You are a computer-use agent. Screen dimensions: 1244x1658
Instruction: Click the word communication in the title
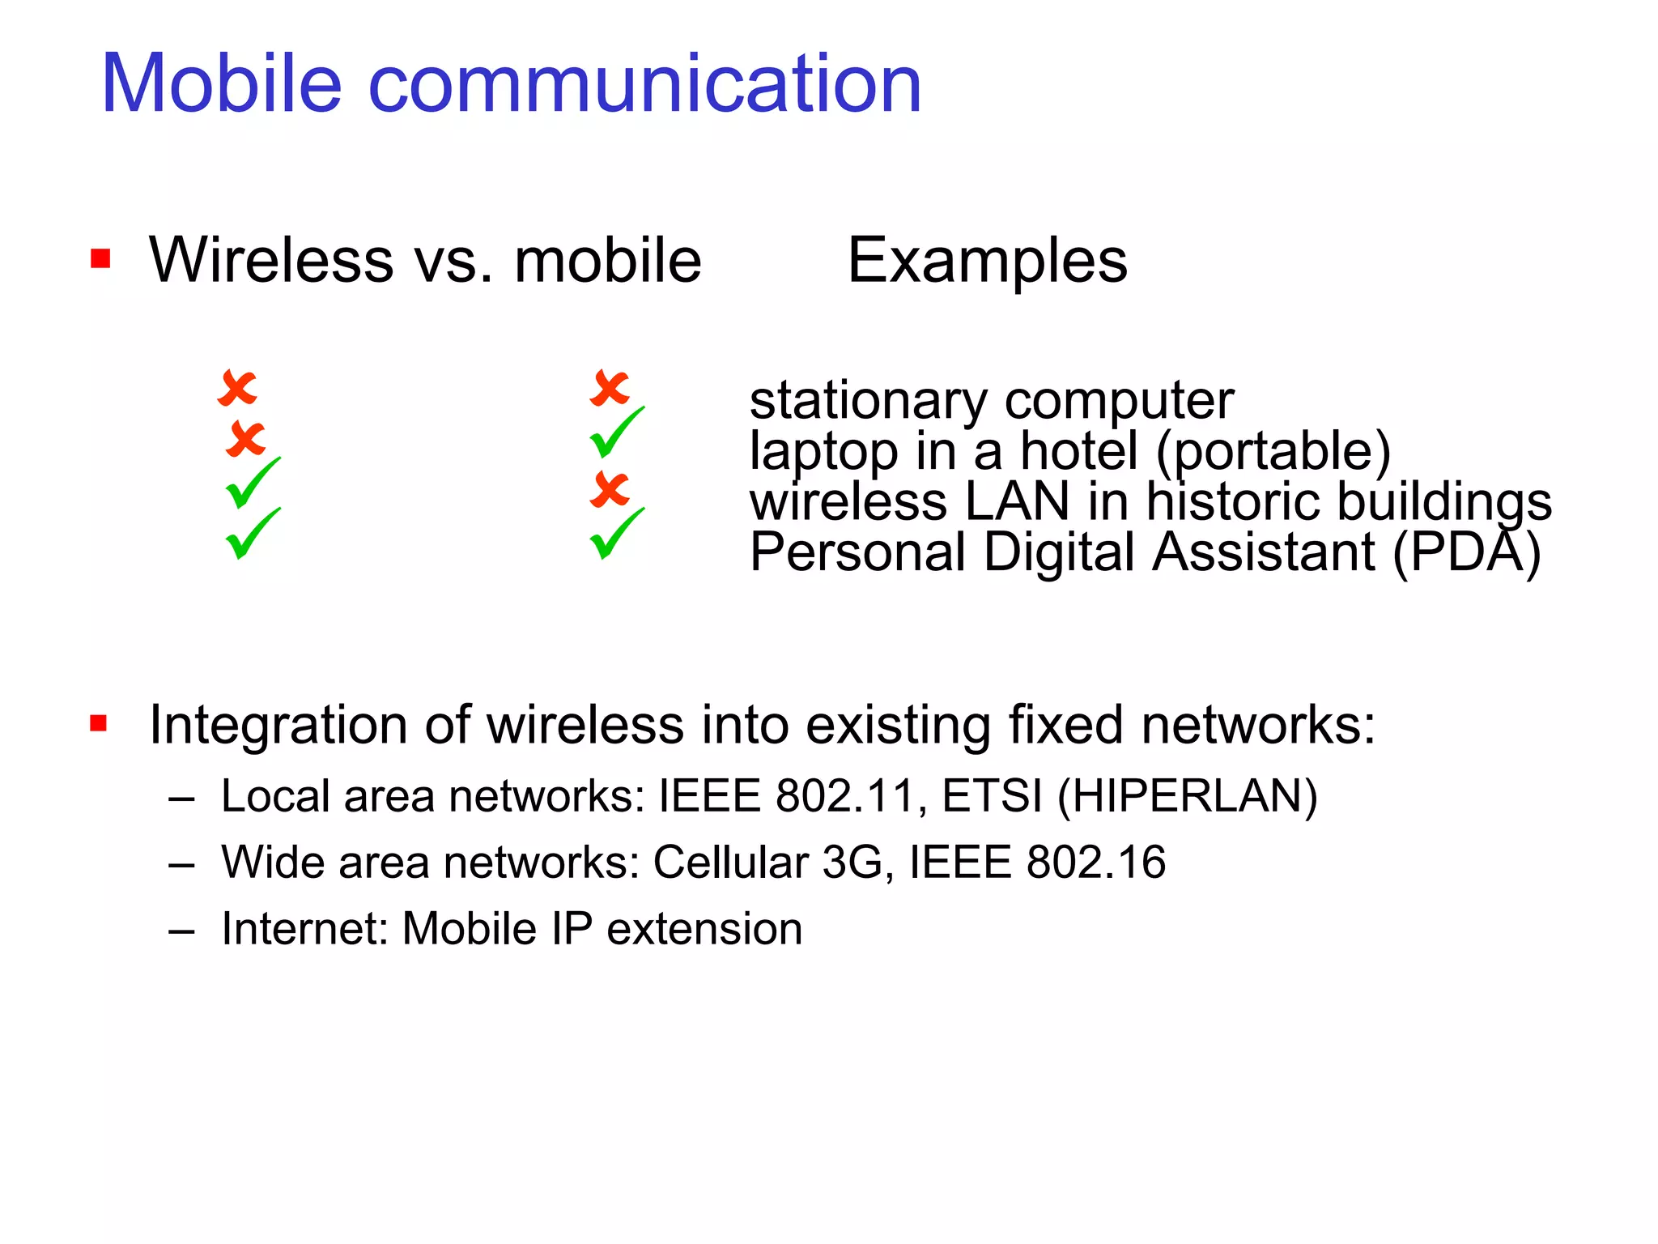point(644,83)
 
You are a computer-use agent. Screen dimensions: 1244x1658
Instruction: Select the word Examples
point(987,261)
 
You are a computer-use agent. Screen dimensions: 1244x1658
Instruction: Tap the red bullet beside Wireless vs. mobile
point(100,259)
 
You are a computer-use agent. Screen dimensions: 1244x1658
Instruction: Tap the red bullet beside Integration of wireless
point(99,722)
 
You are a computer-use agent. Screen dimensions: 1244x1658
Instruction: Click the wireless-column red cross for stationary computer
point(237,389)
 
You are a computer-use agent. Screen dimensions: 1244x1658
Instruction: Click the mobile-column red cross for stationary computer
point(610,388)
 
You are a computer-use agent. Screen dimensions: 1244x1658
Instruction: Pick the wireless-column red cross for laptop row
point(245,439)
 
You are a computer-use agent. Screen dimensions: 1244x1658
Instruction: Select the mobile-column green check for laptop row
point(616,432)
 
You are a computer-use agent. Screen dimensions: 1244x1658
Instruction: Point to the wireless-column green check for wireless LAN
point(252,484)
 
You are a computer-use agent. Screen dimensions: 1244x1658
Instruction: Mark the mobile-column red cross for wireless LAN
point(610,489)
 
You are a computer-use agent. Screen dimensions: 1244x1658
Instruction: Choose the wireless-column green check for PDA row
point(252,534)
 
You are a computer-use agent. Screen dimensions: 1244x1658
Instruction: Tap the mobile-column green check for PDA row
point(616,534)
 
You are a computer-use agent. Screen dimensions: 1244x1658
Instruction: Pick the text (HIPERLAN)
point(1188,796)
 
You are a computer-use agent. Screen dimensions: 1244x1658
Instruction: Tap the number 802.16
point(1095,862)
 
